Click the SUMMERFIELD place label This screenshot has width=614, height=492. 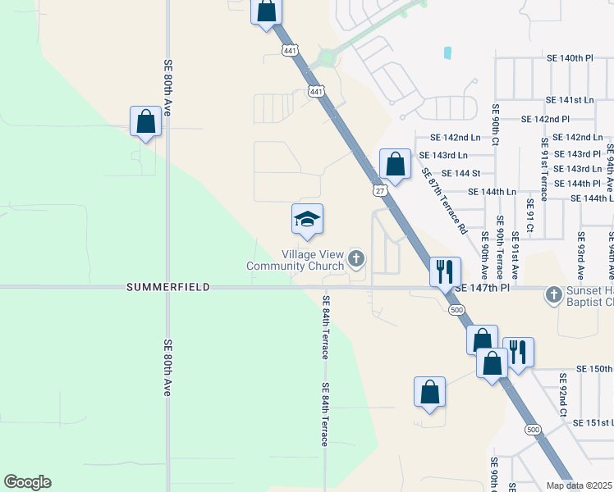(x=168, y=288)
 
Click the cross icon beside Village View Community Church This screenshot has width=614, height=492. (x=356, y=260)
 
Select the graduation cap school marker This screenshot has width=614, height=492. (x=308, y=219)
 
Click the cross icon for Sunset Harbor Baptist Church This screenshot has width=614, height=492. (x=555, y=294)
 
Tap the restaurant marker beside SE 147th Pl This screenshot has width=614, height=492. (x=445, y=271)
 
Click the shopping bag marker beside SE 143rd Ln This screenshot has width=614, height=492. (x=395, y=163)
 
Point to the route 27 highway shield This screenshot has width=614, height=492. (x=379, y=190)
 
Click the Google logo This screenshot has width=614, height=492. (x=27, y=482)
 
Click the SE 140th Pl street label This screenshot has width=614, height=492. (x=570, y=58)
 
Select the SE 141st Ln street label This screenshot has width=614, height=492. (x=569, y=99)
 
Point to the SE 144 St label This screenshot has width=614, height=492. (x=460, y=173)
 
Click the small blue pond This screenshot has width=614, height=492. (x=447, y=52)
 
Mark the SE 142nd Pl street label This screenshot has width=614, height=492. (x=546, y=119)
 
